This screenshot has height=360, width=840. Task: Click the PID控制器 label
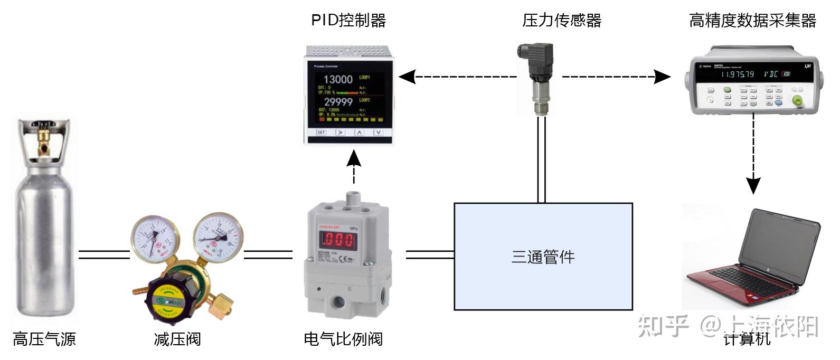point(348,21)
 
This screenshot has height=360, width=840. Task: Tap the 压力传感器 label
point(562,21)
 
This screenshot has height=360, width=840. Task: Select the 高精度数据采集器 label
point(752,21)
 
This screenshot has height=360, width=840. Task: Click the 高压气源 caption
point(44,338)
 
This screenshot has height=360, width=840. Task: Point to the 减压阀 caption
point(177,338)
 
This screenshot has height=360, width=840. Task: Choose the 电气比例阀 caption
point(343,338)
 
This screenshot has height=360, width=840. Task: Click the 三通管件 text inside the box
point(543,257)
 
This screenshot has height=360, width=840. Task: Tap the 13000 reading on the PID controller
point(338,80)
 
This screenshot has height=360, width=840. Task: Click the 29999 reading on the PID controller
point(338,102)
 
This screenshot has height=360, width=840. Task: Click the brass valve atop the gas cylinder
point(42,138)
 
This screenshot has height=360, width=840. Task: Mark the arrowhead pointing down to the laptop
point(753,185)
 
